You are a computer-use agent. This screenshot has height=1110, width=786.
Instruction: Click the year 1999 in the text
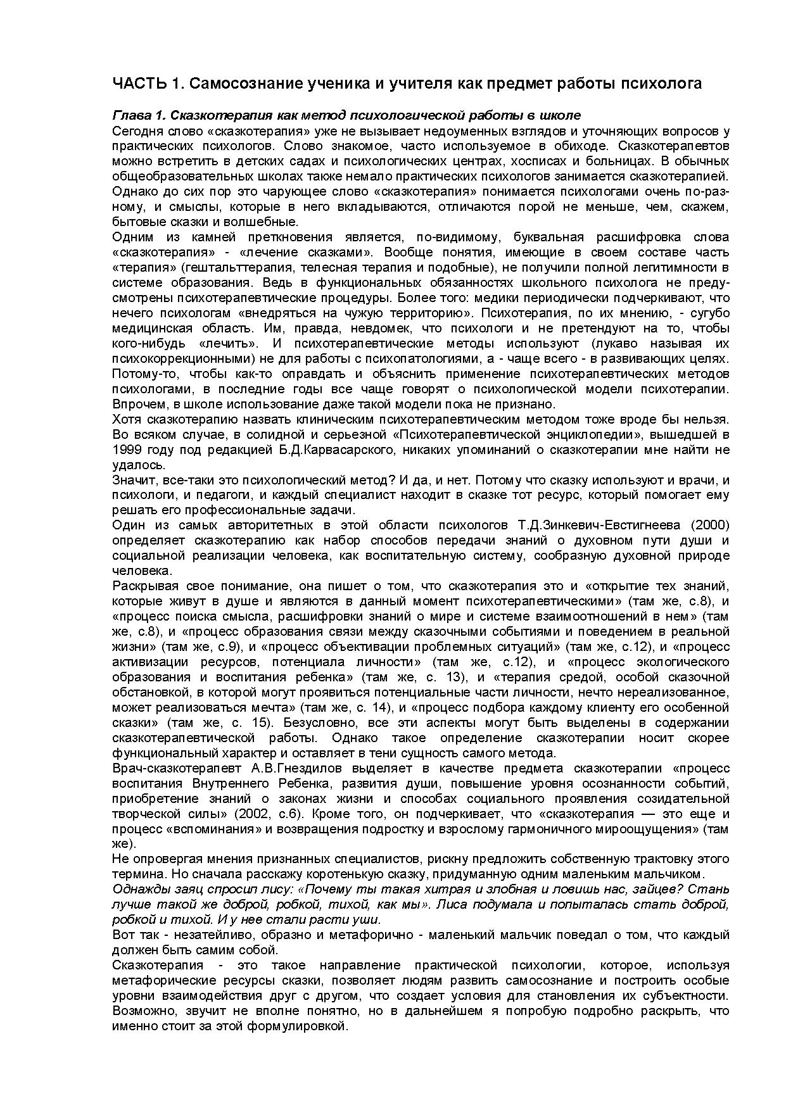127,450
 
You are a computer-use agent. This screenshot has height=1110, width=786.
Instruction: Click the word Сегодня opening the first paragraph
135,132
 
